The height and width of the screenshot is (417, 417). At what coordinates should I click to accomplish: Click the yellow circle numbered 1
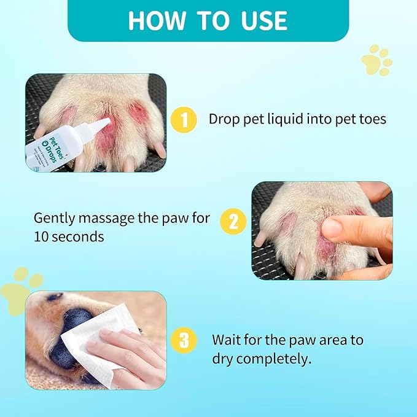point(184,119)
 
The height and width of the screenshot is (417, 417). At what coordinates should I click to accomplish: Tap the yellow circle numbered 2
point(233,222)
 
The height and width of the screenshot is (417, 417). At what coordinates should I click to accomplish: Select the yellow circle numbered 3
point(184,338)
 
